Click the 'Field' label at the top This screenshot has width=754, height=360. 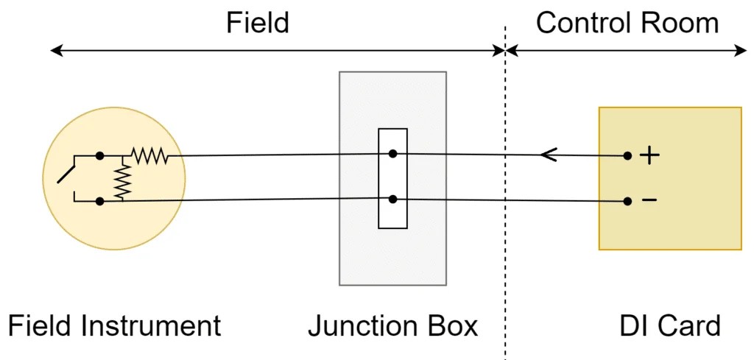(257, 23)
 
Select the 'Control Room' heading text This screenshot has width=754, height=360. (627, 23)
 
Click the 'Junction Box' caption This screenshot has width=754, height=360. (392, 325)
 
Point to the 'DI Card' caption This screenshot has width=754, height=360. (669, 325)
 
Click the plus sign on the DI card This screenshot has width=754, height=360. (649, 155)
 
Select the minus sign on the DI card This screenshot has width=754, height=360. (649, 200)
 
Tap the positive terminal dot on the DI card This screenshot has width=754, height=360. (627, 155)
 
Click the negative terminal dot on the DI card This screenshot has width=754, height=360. (627, 200)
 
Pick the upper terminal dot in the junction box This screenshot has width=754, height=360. (393, 154)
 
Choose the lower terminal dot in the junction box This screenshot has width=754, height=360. (393, 199)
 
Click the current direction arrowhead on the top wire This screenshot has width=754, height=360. (547, 155)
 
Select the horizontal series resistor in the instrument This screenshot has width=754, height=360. (149, 155)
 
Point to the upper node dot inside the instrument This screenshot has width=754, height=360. (99, 156)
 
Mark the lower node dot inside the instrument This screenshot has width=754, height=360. (99, 200)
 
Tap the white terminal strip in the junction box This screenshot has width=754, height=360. (392, 178)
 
